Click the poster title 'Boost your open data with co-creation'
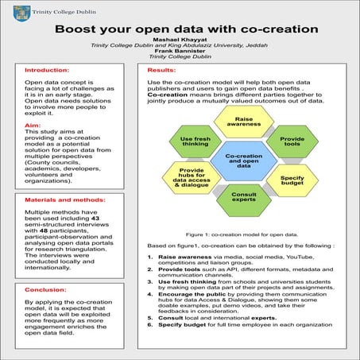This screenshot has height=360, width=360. click(x=186, y=29)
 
